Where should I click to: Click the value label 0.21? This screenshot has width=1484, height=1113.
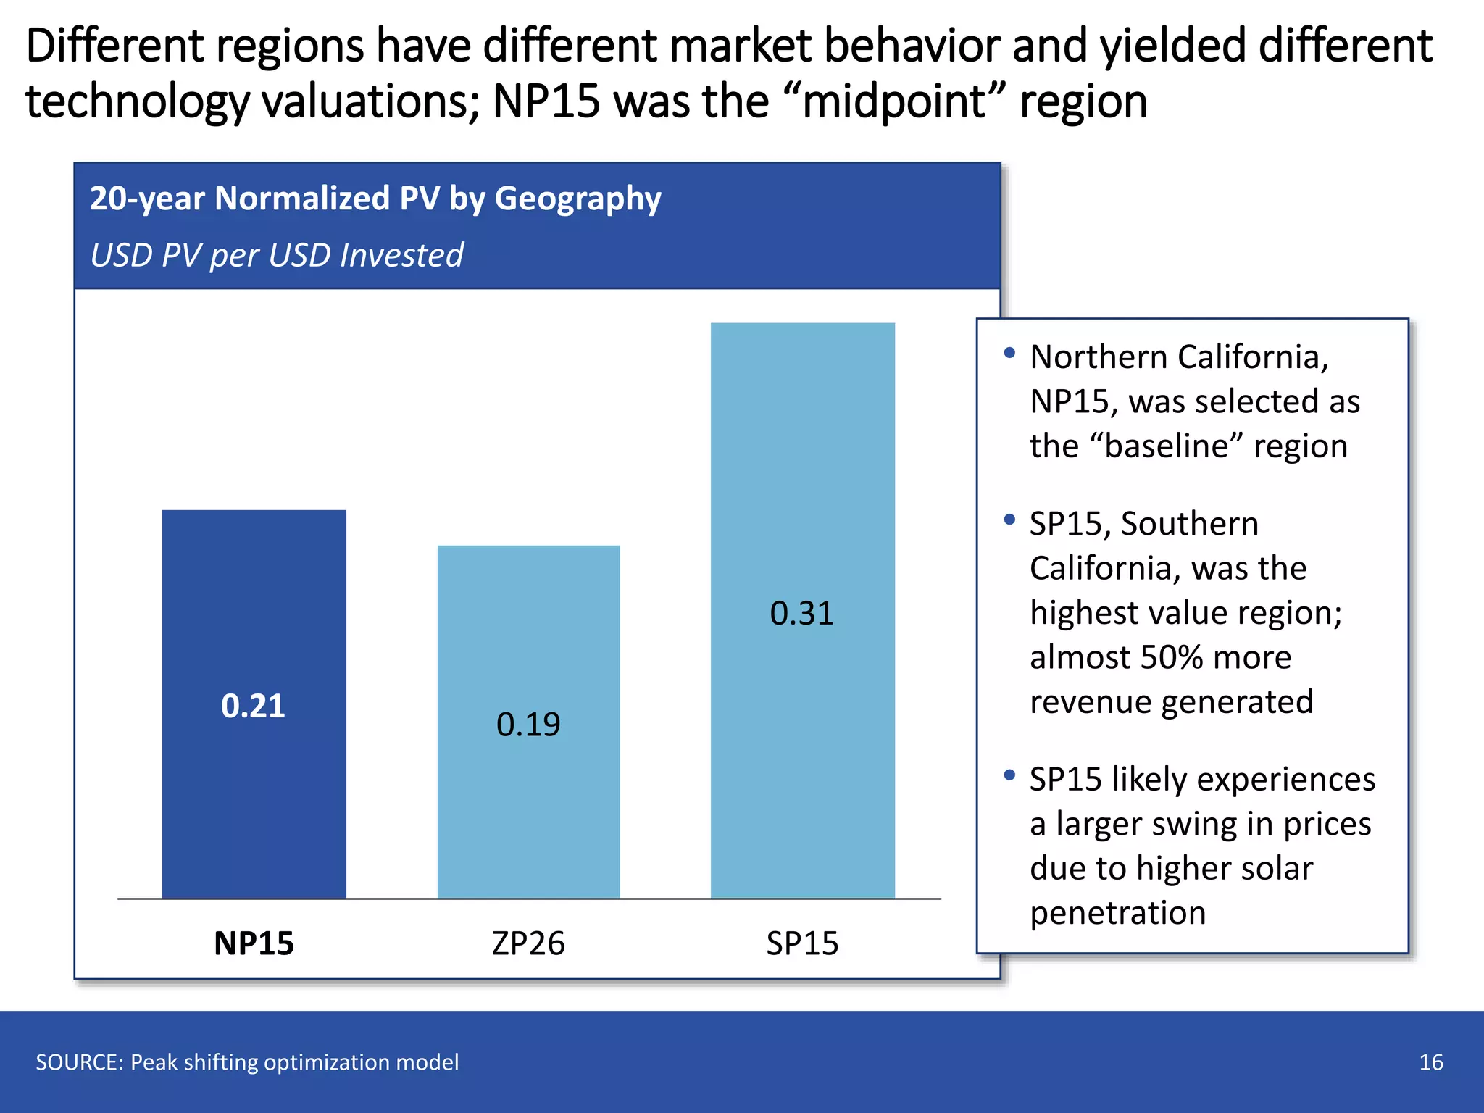tap(253, 706)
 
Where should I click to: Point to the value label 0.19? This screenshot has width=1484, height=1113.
tap(528, 725)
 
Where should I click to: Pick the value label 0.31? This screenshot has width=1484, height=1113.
tap(801, 614)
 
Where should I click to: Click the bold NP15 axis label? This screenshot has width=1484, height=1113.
tap(254, 943)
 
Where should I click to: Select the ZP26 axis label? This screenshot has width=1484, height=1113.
tap(528, 943)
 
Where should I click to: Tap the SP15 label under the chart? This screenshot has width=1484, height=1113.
tap(802, 943)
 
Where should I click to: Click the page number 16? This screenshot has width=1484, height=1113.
tap(1430, 1062)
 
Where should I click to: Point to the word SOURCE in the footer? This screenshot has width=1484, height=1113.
tap(79, 1062)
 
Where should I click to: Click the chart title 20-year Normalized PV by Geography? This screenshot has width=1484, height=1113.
tap(375, 199)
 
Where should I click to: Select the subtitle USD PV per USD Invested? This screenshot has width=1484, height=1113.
tap(277, 255)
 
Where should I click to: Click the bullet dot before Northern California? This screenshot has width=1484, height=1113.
tap(1009, 353)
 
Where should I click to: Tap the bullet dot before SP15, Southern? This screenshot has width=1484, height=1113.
tap(1009, 520)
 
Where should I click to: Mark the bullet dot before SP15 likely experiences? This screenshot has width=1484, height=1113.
tap(1009, 775)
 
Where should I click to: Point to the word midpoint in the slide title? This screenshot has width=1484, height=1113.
tap(894, 101)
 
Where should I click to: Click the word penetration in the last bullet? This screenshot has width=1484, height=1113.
tap(1117, 913)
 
